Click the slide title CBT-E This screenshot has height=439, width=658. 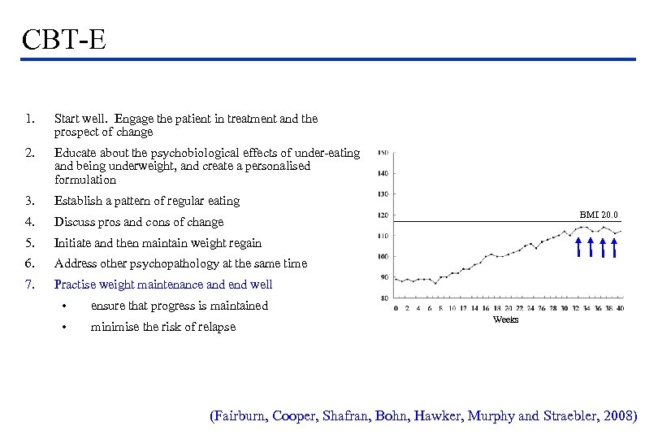(x=65, y=38)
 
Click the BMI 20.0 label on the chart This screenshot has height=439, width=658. (x=599, y=215)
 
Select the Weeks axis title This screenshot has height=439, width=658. (x=505, y=320)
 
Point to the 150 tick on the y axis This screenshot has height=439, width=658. (x=383, y=152)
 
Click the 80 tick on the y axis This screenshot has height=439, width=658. (x=384, y=298)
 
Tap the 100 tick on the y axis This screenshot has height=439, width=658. (x=383, y=257)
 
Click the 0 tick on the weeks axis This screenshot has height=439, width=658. (x=396, y=308)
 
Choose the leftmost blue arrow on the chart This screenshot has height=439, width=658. (x=578, y=247)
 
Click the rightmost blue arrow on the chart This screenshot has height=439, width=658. (x=614, y=247)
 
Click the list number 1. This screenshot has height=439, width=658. (x=29, y=120)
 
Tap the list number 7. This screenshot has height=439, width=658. (x=29, y=285)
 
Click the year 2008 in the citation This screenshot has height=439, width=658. (x=618, y=416)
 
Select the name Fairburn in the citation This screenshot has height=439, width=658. (x=240, y=416)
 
